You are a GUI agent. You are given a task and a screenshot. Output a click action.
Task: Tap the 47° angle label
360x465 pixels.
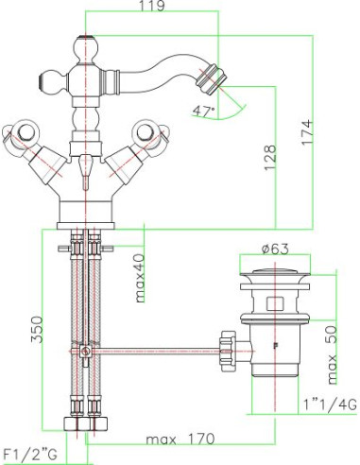[203, 112]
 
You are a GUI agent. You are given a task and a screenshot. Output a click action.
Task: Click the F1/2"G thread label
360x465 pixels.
[30, 455]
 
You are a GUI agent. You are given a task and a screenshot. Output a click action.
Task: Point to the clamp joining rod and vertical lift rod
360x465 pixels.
[85, 351]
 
